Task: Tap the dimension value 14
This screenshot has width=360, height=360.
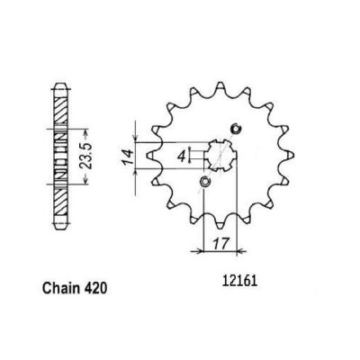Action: coord(128,156)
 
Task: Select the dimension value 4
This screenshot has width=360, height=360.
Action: coord(181,156)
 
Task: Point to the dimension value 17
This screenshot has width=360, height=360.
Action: coord(220,243)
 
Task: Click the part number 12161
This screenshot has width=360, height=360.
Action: coord(239,282)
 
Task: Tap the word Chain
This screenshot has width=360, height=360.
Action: coord(61,288)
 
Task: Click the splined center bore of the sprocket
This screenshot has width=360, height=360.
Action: coord(220,156)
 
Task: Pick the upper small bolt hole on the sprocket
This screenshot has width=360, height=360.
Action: coord(236,129)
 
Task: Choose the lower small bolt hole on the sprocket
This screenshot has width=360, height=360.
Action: coord(205,182)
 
